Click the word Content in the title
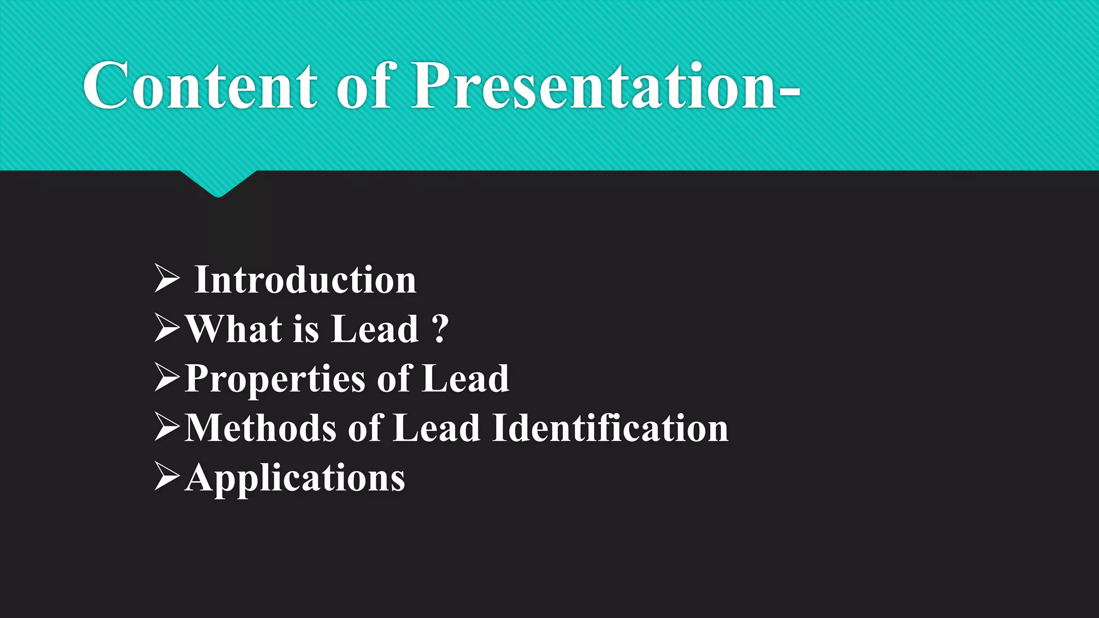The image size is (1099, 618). (200, 86)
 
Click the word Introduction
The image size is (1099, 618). (305, 280)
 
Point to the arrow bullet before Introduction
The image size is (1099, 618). (167, 278)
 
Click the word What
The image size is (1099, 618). (234, 329)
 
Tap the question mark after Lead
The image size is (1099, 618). (440, 329)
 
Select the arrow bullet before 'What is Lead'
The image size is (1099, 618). (167, 328)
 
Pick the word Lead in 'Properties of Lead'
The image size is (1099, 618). (466, 379)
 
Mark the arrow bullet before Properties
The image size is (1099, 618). (167, 377)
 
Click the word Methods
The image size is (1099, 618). (261, 428)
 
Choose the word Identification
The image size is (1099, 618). (610, 428)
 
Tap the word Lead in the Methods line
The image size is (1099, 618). (436, 428)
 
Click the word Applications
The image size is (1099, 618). (295, 478)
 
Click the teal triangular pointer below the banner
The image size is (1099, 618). (218, 182)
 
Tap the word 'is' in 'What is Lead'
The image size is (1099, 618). (306, 329)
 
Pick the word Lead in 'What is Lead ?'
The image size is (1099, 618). (375, 329)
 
